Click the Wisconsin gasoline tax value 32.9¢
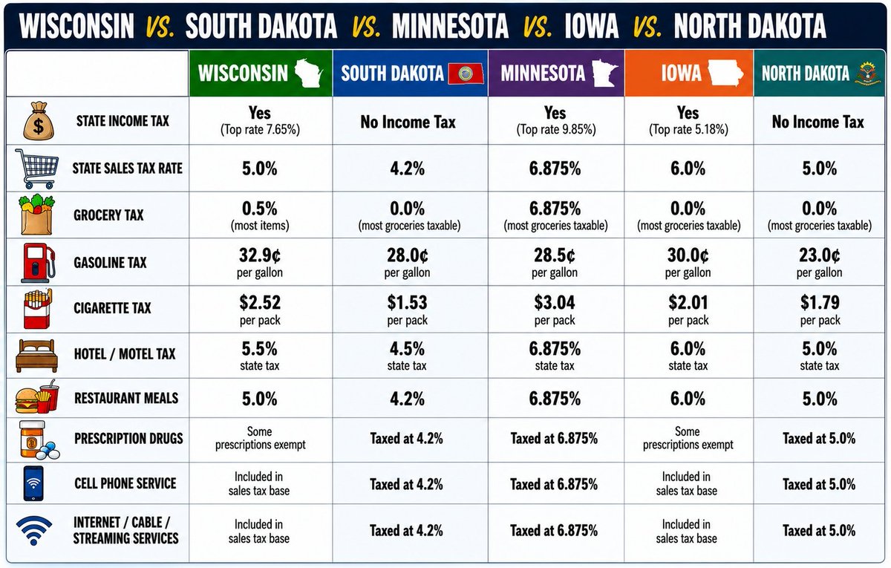(259, 255)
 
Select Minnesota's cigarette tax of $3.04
(555, 303)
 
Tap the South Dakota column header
(411, 74)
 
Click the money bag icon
(38, 121)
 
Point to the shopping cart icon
(37, 169)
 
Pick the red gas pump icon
(38, 263)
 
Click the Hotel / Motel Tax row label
(125, 353)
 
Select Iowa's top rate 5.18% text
(688, 130)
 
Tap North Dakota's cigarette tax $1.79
(820, 303)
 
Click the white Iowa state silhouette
(725, 73)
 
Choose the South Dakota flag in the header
(466, 74)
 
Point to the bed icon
(36, 356)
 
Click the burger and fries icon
(37, 397)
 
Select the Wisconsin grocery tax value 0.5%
(259, 209)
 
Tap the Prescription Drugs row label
(128, 438)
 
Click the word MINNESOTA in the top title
(450, 26)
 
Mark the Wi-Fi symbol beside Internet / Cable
(34, 531)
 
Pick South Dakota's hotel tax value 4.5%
(407, 349)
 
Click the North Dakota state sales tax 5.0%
(820, 169)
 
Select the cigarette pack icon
(37, 309)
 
